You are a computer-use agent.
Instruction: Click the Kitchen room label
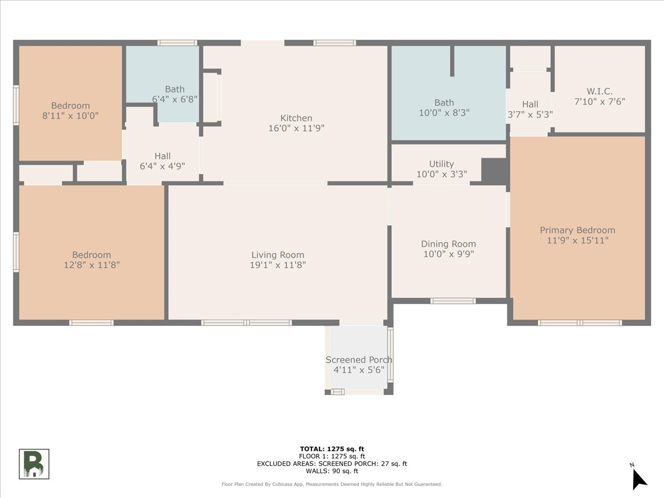296,118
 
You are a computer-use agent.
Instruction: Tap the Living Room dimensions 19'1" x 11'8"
278,265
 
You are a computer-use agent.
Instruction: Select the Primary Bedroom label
578,230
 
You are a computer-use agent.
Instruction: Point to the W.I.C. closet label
600,91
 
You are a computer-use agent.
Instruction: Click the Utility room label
442,164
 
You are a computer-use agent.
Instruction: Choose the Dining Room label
448,243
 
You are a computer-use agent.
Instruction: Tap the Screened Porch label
359,360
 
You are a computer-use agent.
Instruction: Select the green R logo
34,464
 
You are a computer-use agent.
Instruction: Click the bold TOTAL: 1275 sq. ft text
332,449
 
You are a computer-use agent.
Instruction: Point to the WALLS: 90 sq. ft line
332,471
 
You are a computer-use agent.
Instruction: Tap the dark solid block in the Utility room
494,171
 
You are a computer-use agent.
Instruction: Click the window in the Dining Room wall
453,301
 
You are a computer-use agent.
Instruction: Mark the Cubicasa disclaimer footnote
332,484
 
